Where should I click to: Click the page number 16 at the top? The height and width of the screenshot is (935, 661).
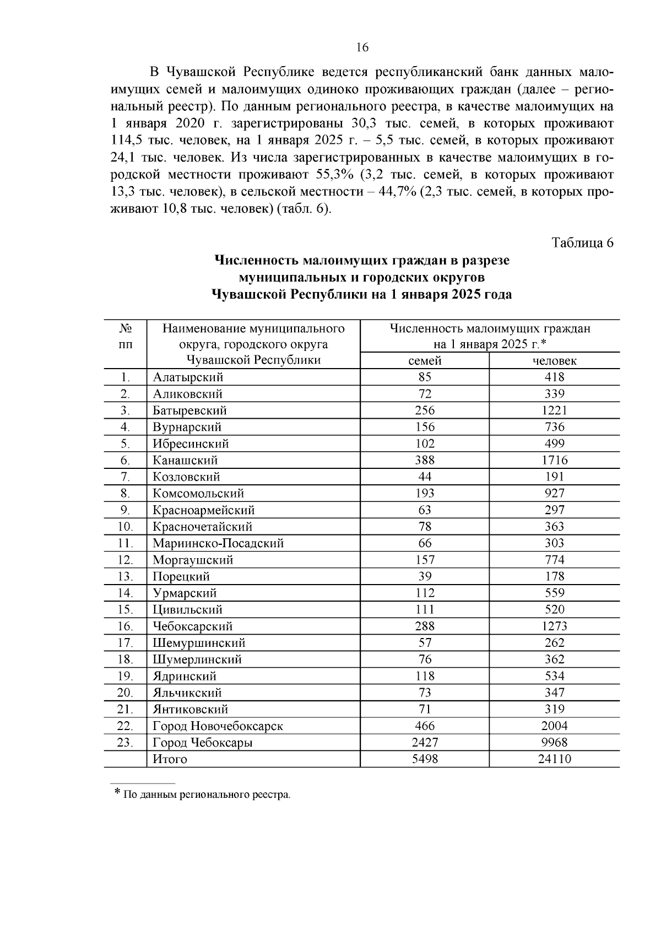click(362, 47)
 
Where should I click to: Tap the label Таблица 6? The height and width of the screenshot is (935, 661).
click(582, 242)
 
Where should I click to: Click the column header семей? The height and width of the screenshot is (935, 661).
click(425, 361)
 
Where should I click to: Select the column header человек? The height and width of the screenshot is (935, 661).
click(554, 361)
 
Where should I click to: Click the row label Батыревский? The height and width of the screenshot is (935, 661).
click(189, 410)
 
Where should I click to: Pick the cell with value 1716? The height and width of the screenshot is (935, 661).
click(554, 460)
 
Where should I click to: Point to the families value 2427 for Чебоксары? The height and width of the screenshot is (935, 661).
click(425, 743)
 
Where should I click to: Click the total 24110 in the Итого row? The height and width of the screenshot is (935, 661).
click(554, 759)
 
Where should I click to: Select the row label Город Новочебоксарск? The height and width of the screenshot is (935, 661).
click(218, 726)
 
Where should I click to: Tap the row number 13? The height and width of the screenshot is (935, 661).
click(125, 576)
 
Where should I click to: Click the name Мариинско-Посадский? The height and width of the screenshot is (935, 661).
click(218, 543)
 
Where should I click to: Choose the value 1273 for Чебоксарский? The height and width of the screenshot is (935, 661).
click(554, 626)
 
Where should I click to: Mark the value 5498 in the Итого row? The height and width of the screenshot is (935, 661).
click(425, 759)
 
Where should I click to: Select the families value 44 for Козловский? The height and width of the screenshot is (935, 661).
click(425, 477)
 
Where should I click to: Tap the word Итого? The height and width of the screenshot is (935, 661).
click(170, 759)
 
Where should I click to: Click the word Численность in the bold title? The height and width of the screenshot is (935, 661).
click(256, 260)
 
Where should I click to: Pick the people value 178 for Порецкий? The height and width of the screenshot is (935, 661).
click(554, 576)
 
